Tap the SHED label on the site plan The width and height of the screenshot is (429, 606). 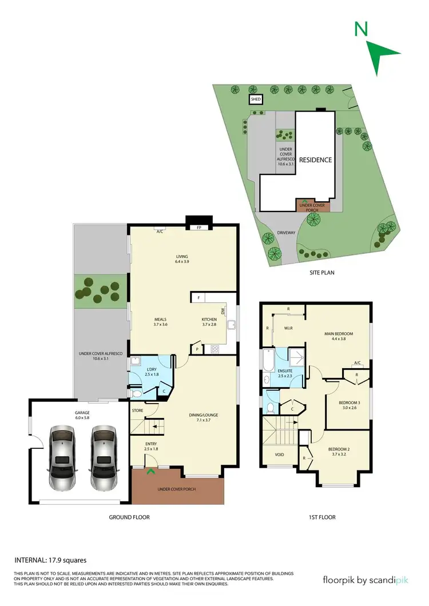(x=255, y=100)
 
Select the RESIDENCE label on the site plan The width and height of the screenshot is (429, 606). (x=315, y=160)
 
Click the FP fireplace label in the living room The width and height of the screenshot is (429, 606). (x=199, y=228)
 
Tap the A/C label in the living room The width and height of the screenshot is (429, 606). (x=160, y=232)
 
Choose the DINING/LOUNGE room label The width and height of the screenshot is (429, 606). (x=204, y=415)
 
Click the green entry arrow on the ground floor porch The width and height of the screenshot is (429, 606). (x=150, y=471)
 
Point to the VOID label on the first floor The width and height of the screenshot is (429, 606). (x=280, y=455)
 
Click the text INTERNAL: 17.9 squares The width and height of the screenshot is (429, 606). (x=50, y=560)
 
